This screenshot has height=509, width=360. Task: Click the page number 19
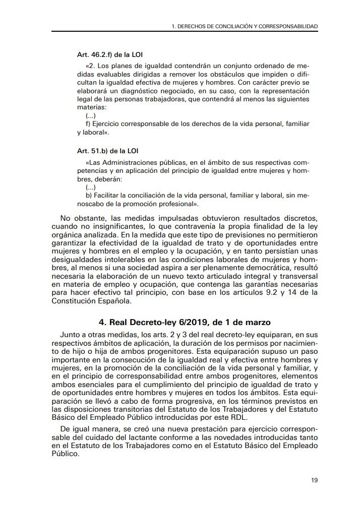click(x=314, y=480)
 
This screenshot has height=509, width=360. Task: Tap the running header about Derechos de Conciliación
click(x=245, y=25)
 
